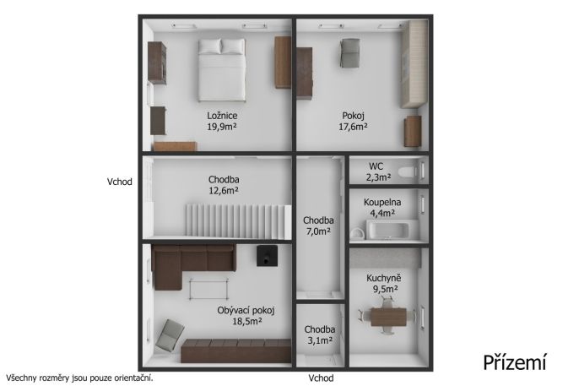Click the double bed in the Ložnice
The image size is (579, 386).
221,70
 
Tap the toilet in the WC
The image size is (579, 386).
408,171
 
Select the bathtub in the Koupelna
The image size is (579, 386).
392,230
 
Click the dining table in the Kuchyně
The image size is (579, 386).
388,317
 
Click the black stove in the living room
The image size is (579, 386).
267,256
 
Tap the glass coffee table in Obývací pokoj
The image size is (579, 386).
208,289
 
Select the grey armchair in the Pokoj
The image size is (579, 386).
349,53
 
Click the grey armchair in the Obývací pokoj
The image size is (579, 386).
170,335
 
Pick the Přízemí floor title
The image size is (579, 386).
514,362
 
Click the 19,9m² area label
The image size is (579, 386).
221,127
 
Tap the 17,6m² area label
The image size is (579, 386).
353,127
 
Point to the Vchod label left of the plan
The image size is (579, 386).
120,182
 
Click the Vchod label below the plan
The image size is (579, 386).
322,378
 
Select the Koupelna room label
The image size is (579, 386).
382,203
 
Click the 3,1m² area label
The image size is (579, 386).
320,340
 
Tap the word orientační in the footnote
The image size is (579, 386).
133,378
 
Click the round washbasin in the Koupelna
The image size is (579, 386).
358,233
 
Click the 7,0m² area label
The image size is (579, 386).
318,231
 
